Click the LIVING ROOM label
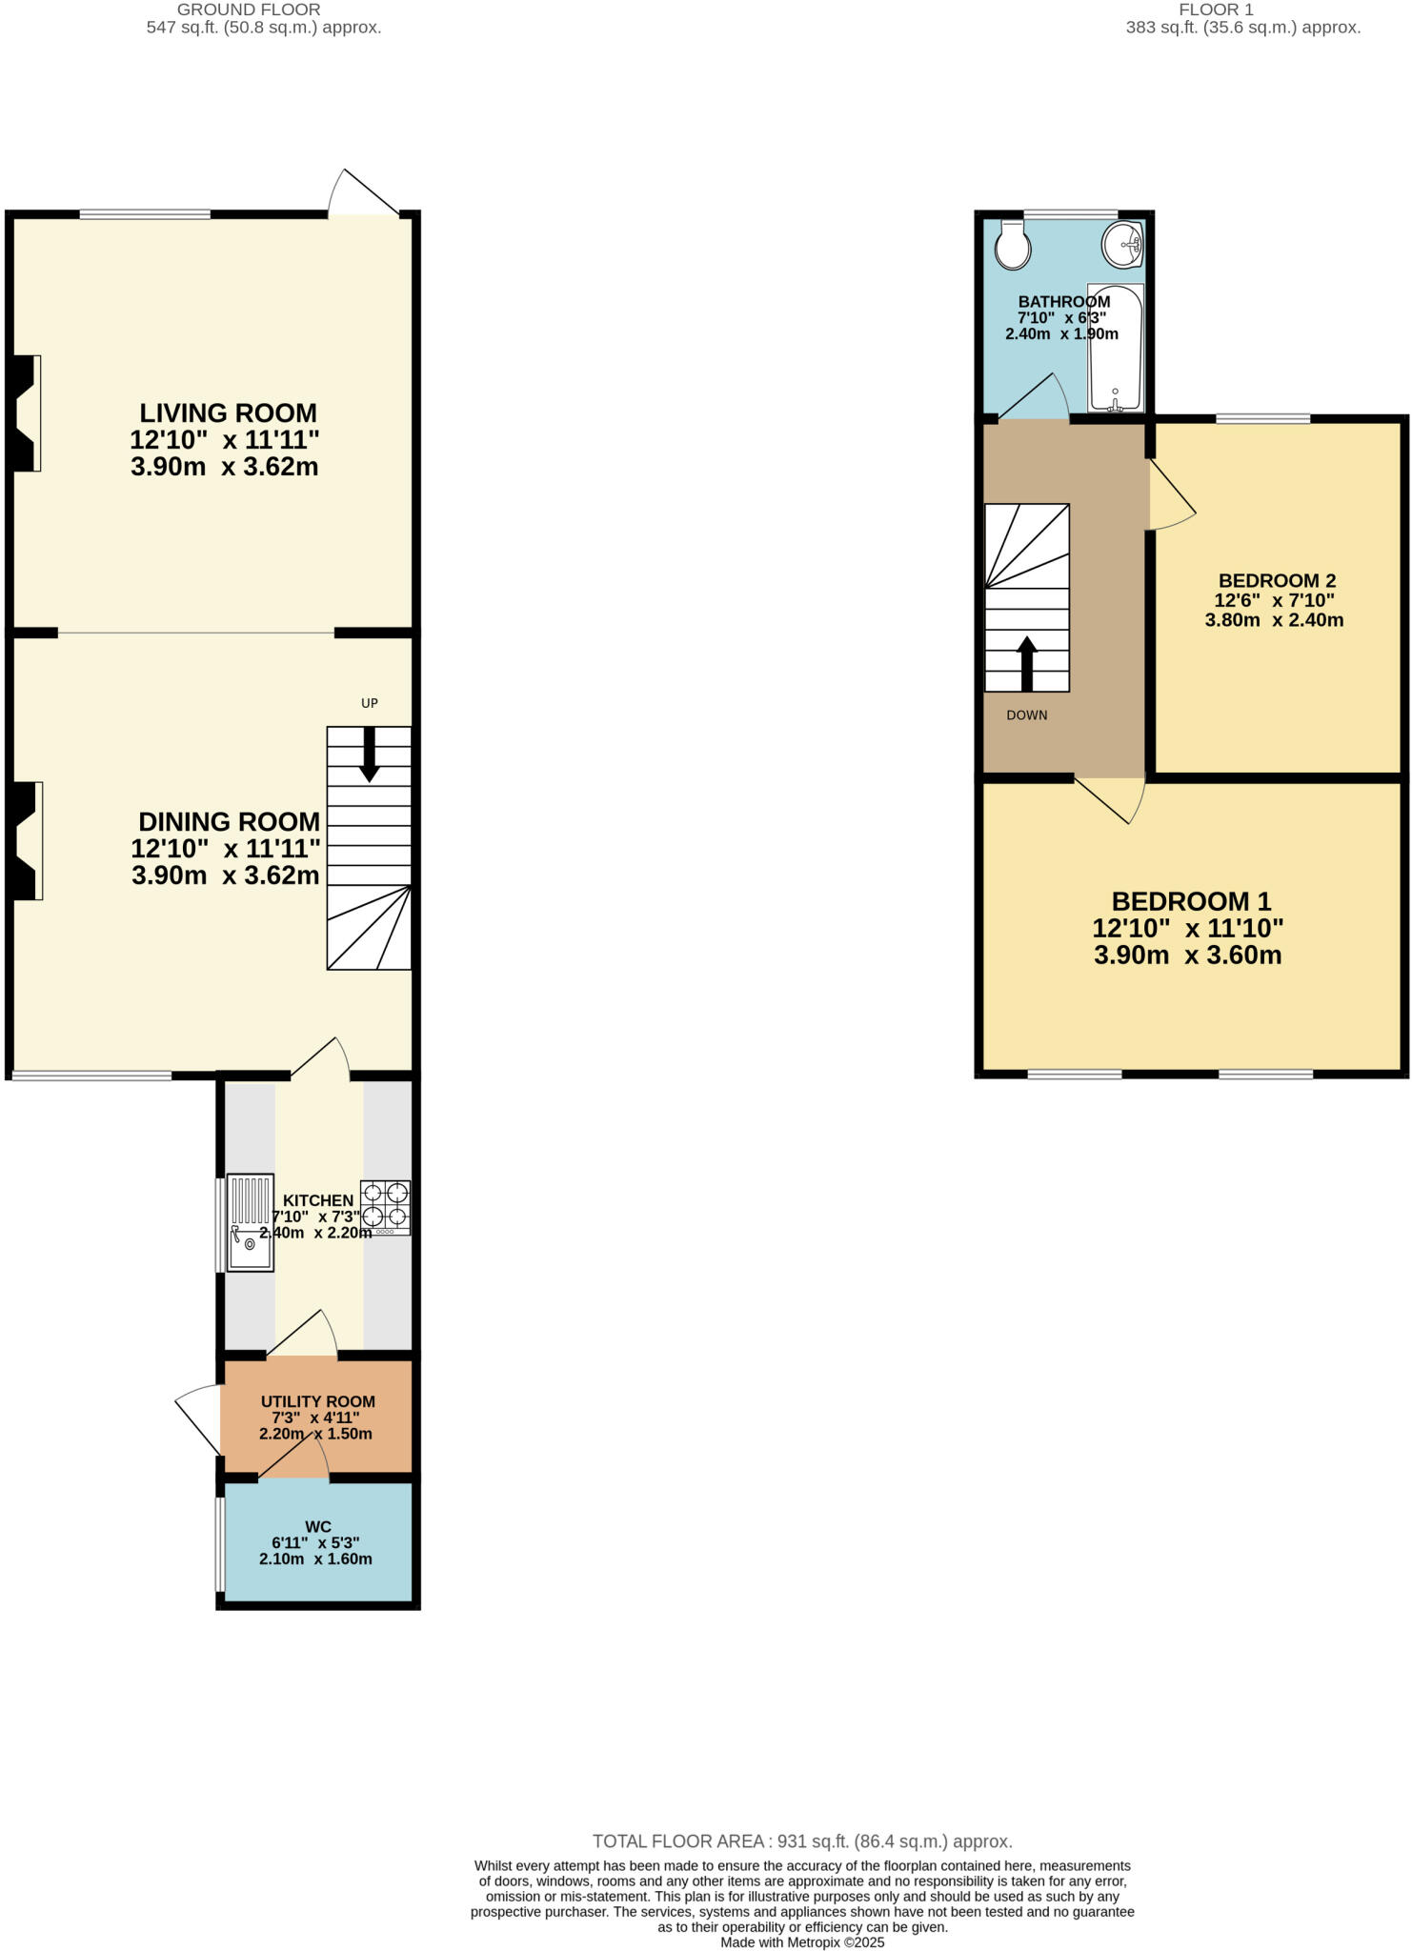click(228, 413)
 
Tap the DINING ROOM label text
click(229, 822)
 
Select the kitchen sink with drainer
click(251, 1222)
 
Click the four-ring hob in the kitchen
click(385, 1207)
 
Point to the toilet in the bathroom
click(1012, 247)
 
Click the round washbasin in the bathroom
click(1123, 245)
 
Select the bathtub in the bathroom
click(1116, 348)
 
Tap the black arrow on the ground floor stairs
click(369, 754)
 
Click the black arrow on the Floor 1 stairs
click(1027, 663)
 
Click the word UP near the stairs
click(370, 703)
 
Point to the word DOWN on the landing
click(1027, 715)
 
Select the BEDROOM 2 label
click(1277, 581)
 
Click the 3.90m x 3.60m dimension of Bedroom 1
click(1187, 955)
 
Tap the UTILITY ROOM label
click(317, 1402)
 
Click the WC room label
click(317, 1527)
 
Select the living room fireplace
click(26, 413)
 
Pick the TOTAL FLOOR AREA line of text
click(801, 1841)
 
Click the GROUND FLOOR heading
click(249, 10)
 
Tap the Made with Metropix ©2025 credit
click(802, 1942)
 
